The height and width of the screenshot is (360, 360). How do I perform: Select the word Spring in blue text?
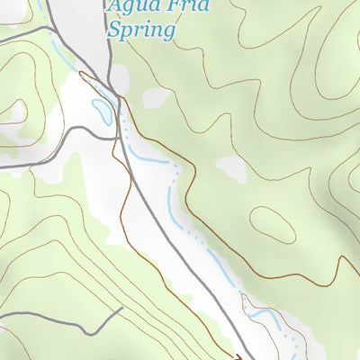139,31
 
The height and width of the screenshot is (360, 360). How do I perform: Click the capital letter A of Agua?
114,7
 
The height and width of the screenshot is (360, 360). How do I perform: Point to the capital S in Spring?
114,30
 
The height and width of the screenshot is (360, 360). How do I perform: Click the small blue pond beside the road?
102,111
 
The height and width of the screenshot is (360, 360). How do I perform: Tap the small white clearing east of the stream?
231,167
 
